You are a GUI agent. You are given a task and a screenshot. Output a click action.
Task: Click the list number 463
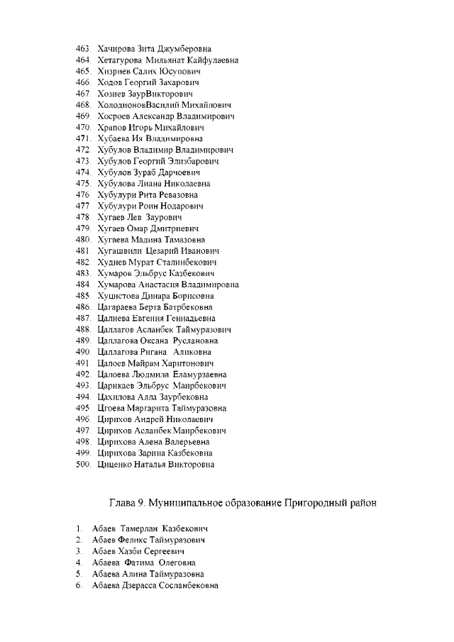point(84,49)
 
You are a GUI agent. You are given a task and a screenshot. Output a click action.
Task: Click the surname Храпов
point(111,128)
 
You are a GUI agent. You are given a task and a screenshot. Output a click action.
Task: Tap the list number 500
point(84,465)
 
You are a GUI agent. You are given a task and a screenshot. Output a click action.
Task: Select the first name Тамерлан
point(139,529)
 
